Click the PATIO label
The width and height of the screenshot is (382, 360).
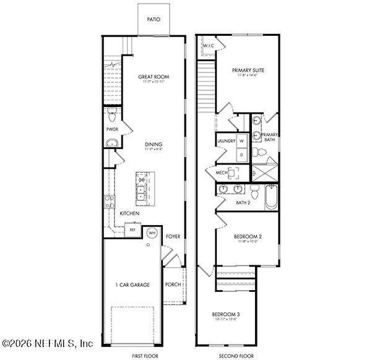pyautogui.click(x=154, y=19)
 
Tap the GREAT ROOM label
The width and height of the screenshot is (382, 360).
pyautogui.click(x=154, y=77)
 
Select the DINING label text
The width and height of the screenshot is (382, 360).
pyautogui.click(x=154, y=144)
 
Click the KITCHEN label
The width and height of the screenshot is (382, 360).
pyautogui.click(x=129, y=213)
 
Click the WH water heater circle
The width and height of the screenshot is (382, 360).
pyautogui.click(x=152, y=233)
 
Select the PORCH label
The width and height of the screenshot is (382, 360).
pyautogui.click(x=173, y=285)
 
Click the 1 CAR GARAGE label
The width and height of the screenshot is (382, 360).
pyautogui.click(x=132, y=285)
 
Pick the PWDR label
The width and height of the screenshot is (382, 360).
pyautogui.click(x=112, y=129)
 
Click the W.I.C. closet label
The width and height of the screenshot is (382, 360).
pyautogui.click(x=208, y=46)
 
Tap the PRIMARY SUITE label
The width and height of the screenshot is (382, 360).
pyautogui.click(x=248, y=71)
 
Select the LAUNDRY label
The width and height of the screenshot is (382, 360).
pyautogui.click(x=226, y=141)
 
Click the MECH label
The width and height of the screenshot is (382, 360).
pyautogui.click(x=221, y=172)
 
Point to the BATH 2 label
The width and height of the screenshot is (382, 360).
pyautogui.click(x=243, y=202)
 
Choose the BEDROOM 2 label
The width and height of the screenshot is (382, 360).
pyautogui.click(x=248, y=236)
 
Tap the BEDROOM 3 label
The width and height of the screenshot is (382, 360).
pyautogui.click(x=225, y=314)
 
